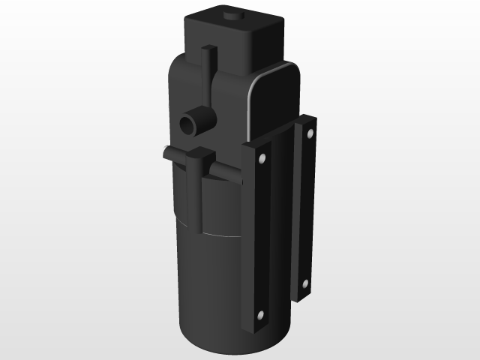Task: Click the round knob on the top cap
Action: pyautogui.click(x=231, y=16)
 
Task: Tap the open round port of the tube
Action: pyautogui.click(x=188, y=123)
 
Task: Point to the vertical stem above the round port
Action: pyautogui.click(x=209, y=75)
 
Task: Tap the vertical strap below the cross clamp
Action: pyautogui.click(x=196, y=202)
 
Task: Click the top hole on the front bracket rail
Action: pyautogui.click(x=262, y=159)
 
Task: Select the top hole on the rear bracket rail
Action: pyautogui.click(x=308, y=134)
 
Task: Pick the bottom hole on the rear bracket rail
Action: pyautogui.click(x=305, y=283)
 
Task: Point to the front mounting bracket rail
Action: pyautogui.click(x=256, y=240)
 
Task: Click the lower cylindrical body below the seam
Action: pyautogui.click(x=210, y=292)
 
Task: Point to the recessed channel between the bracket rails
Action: pyautogui.click(x=281, y=225)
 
